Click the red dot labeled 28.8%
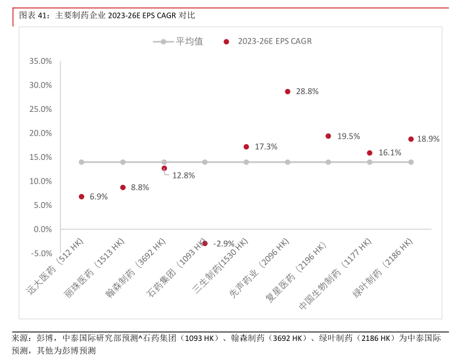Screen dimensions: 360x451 287,91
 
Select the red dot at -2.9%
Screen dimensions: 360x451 205,244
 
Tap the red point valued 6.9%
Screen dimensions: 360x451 82,197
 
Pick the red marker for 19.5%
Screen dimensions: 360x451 328,136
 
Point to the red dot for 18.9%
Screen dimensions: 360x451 411,140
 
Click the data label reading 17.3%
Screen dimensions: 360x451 265,147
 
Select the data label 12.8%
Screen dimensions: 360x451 183,175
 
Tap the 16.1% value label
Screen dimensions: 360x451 389,153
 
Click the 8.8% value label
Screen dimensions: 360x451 140,188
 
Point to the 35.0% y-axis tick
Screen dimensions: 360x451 41,61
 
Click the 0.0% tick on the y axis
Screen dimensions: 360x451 43,229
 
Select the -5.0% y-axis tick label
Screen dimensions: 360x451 41,253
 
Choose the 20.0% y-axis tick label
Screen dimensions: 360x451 41,133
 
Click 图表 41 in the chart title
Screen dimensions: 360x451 32,14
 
